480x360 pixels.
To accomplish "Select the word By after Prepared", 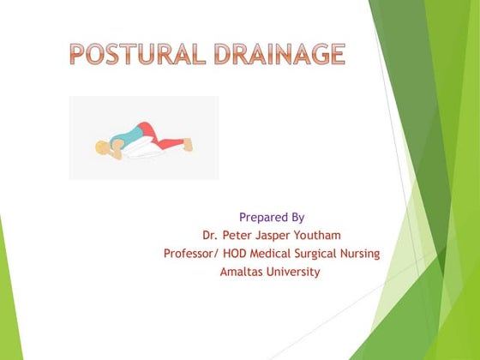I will click(x=296, y=217).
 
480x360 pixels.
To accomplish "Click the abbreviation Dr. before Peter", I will click(x=210, y=235).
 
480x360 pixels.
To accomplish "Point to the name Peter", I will click(x=240, y=235).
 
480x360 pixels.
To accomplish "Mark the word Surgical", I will click(x=327, y=254).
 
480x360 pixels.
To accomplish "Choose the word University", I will click(x=294, y=272).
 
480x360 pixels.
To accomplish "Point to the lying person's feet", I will click(x=185, y=146).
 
